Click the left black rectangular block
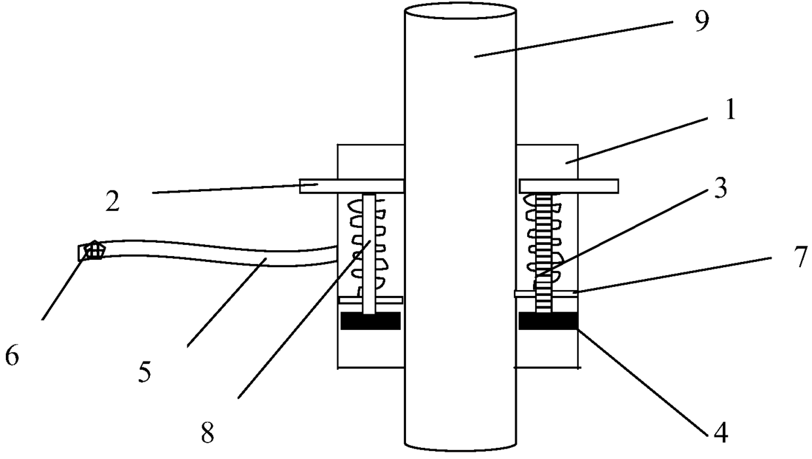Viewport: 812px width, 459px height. [x=371, y=321]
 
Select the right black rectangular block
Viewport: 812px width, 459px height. [x=547, y=321]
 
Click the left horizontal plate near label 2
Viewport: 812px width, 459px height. [x=351, y=186]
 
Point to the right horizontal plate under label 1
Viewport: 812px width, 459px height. [x=568, y=186]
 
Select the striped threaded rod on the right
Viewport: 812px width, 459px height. [x=545, y=249]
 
